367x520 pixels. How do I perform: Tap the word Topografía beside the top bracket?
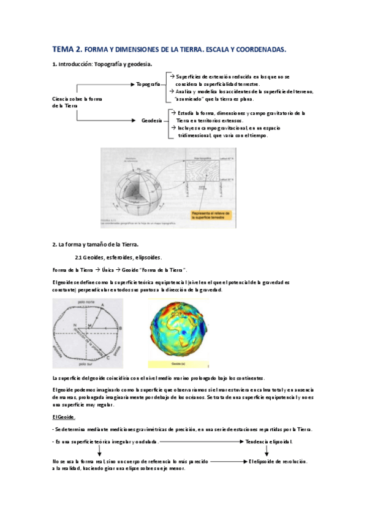coord(148,83)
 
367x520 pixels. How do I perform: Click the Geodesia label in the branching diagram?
coord(151,121)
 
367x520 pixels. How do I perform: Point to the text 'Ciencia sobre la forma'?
coord(77,99)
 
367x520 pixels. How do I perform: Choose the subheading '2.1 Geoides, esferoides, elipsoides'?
coord(118,258)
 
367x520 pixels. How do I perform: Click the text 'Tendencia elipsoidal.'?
coord(269,442)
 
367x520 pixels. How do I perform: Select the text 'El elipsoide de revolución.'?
coord(278,461)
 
